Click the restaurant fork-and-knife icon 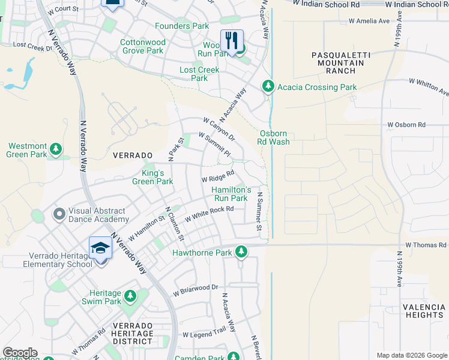tap(232, 41)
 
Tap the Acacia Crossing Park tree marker tap(268, 87)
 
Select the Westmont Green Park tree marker tap(56, 148)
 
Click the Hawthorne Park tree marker tap(241, 253)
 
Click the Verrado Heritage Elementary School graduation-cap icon tap(101, 248)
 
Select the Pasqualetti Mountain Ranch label tap(341, 62)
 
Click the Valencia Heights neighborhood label tap(423, 311)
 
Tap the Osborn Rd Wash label tap(274, 137)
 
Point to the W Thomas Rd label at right tap(426, 245)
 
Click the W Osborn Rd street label tap(406, 125)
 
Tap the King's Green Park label tap(152, 177)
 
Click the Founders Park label tap(182, 26)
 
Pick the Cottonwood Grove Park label tap(142, 47)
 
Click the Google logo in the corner tap(20, 353)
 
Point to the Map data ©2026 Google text tap(411, 355)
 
